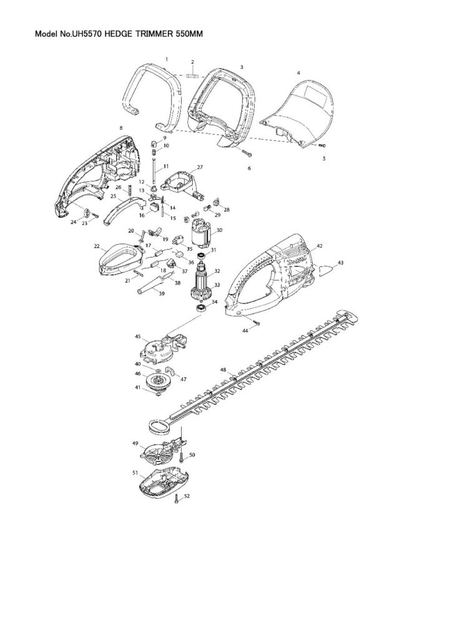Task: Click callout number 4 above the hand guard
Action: (298, 73)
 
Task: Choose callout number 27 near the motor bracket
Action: (200, 167)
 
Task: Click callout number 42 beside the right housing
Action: (320, 246)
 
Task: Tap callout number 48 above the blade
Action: (223, 370)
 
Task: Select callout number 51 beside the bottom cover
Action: (135, 474)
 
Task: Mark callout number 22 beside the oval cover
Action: (97, 246)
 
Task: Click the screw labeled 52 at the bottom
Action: (178, 499)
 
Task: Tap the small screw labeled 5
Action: (321, 145)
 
